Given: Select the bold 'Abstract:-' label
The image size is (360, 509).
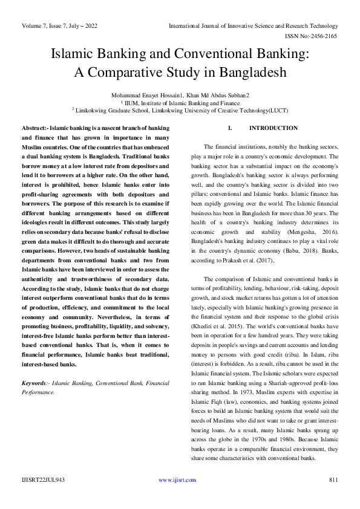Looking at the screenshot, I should click(x=35, y=129).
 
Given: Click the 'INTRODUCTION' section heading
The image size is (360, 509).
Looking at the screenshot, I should click(x=273, y=128).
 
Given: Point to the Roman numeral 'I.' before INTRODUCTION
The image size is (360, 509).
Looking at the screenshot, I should click(x=230, y=128).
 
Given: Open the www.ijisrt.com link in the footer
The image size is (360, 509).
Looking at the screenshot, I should click(x=177, y=480).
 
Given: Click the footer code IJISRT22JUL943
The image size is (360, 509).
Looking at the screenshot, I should click(x=44, y=480).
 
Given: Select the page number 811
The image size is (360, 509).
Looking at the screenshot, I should click(x=332, y=480).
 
